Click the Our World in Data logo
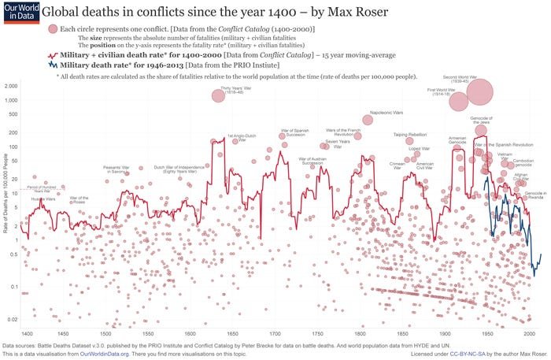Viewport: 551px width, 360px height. pyautogui.click(x=16, y=13)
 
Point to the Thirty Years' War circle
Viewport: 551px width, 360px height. pyautogui.click(x=218, y=96)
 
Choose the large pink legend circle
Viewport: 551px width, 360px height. pyautogui.click(x=53, y=28)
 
